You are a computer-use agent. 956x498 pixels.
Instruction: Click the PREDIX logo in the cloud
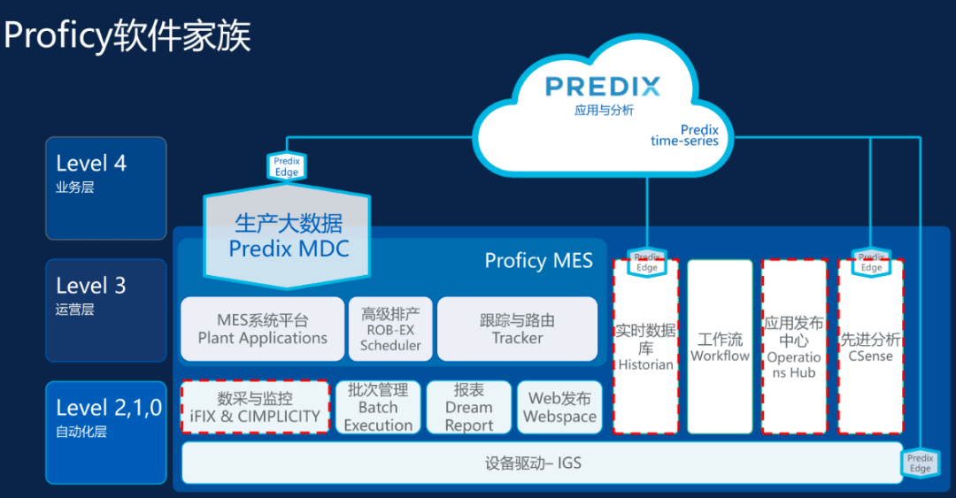pos(602,87)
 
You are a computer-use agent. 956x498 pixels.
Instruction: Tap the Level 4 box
pos(106,188)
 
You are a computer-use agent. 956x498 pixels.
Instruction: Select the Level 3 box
pos(106,310)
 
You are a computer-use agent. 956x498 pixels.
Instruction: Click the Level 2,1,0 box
pos(106,432)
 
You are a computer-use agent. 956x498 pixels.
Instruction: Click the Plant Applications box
pos(262,328)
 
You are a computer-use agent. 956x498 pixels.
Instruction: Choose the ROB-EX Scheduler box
pos(390,328)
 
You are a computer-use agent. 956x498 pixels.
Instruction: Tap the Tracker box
pos(517,328)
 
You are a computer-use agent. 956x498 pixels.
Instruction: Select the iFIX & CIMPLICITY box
pos(255,407)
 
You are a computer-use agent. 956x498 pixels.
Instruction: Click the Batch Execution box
pos(378,407)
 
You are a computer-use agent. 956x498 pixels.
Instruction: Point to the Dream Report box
pos(468,407)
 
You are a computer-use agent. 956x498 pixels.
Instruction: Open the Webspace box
pos(559,407)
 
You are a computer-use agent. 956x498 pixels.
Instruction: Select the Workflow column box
pos(720,347)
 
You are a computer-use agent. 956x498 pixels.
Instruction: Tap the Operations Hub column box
pos(794,347)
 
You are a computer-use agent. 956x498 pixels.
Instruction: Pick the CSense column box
pos(869,347)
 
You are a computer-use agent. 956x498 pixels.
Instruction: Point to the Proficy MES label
pos(538,260)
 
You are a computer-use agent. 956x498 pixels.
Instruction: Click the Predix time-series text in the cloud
pos(684,135)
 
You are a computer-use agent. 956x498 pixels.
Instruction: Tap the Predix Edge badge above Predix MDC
pos(286,166)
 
